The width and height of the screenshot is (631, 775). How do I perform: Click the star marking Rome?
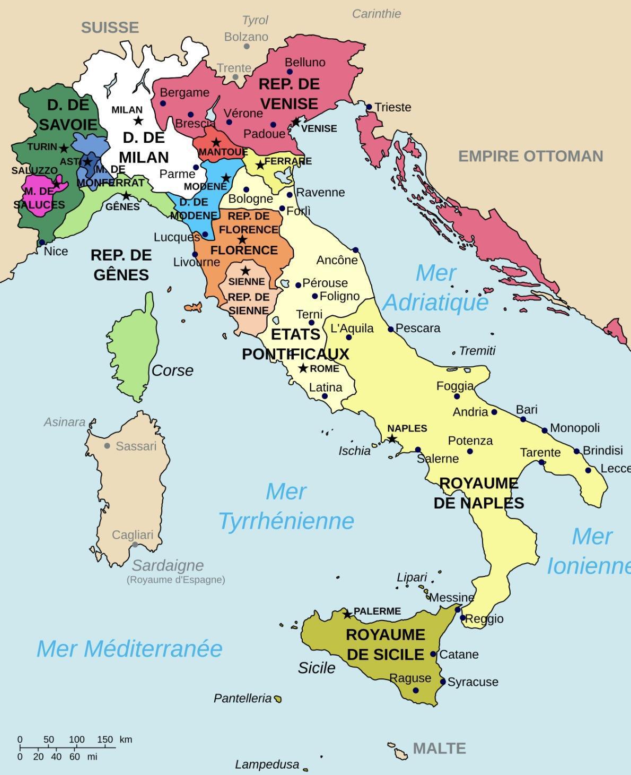coord(303,368)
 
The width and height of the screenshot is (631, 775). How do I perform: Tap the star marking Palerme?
coord(347,614)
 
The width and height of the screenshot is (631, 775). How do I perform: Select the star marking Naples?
coord(391,438)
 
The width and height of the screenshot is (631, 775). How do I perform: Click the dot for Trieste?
coord(369,107)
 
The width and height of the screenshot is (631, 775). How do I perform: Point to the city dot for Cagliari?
coord(135,545)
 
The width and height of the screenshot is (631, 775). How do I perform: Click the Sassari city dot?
coord(107,446)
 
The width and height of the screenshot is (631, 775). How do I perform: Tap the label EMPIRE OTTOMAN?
coord(530,156)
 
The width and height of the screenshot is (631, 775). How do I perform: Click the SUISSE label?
coord(110,28)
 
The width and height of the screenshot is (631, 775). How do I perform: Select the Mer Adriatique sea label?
coord(435,287)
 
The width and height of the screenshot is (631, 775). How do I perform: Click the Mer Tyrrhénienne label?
coord(286,506)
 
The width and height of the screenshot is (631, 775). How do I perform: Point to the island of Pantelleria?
coord(277,699)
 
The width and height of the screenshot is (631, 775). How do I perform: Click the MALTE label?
coord(439,748)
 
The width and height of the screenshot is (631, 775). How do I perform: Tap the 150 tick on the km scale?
coord(104,747)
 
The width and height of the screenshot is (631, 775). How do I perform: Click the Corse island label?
coord(172,370)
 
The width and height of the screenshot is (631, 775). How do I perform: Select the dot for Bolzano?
coord(247,46)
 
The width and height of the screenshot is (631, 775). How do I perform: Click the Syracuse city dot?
coord(443,682)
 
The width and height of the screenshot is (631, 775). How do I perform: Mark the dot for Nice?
coord(42,243)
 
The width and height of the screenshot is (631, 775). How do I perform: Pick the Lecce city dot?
coord(588,470)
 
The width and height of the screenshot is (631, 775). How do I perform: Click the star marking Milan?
coord(138,120)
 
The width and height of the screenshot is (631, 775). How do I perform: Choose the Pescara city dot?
coord(391,329)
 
